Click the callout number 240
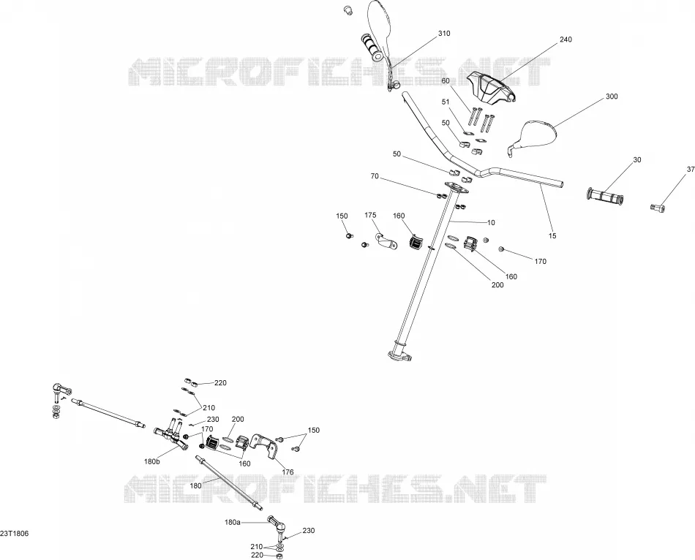point(566,39)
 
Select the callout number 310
point(443,33)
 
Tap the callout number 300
point(612,97)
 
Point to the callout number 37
point(691,169)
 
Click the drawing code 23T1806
point(15,534)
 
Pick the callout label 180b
point(151,461)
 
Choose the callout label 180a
point(232,523)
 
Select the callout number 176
point(288,472)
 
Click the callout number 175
point(371,216)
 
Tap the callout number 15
point(552,236)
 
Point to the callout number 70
point(375,176)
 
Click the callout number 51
point(446,102)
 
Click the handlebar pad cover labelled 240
point(489,86)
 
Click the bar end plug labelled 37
point(657,206)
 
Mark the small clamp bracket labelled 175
point(384,240)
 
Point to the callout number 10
point(491,223)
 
